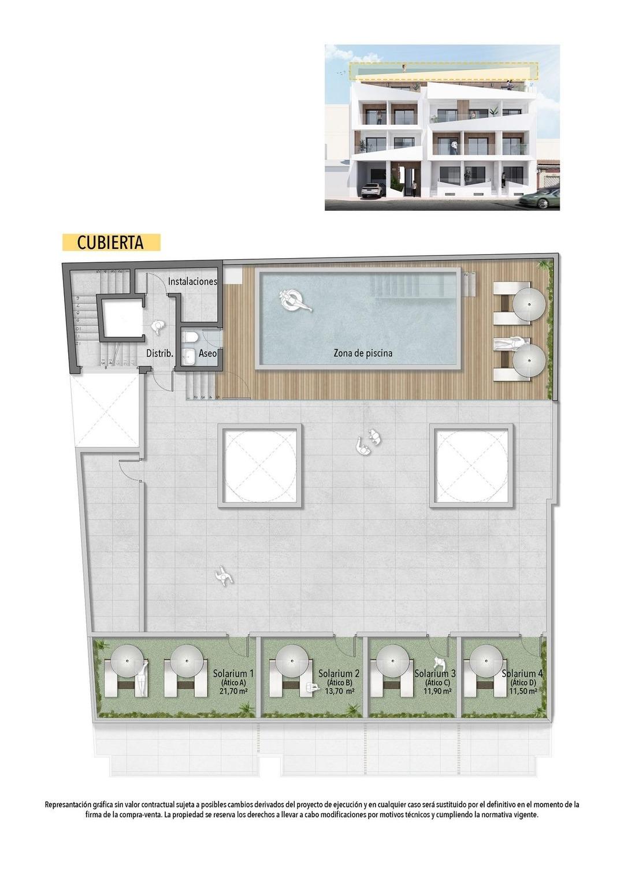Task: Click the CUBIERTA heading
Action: pos(110,243)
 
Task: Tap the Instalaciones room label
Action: pos(192,281)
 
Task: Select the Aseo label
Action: pos(207,353)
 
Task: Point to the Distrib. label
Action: pos(159,353)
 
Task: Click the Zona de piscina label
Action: pos(362,353)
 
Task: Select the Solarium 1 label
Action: pos(233,673)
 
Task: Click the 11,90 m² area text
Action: pos(437,691)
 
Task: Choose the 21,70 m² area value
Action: pos(233,691)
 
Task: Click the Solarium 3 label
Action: pos(435,673)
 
